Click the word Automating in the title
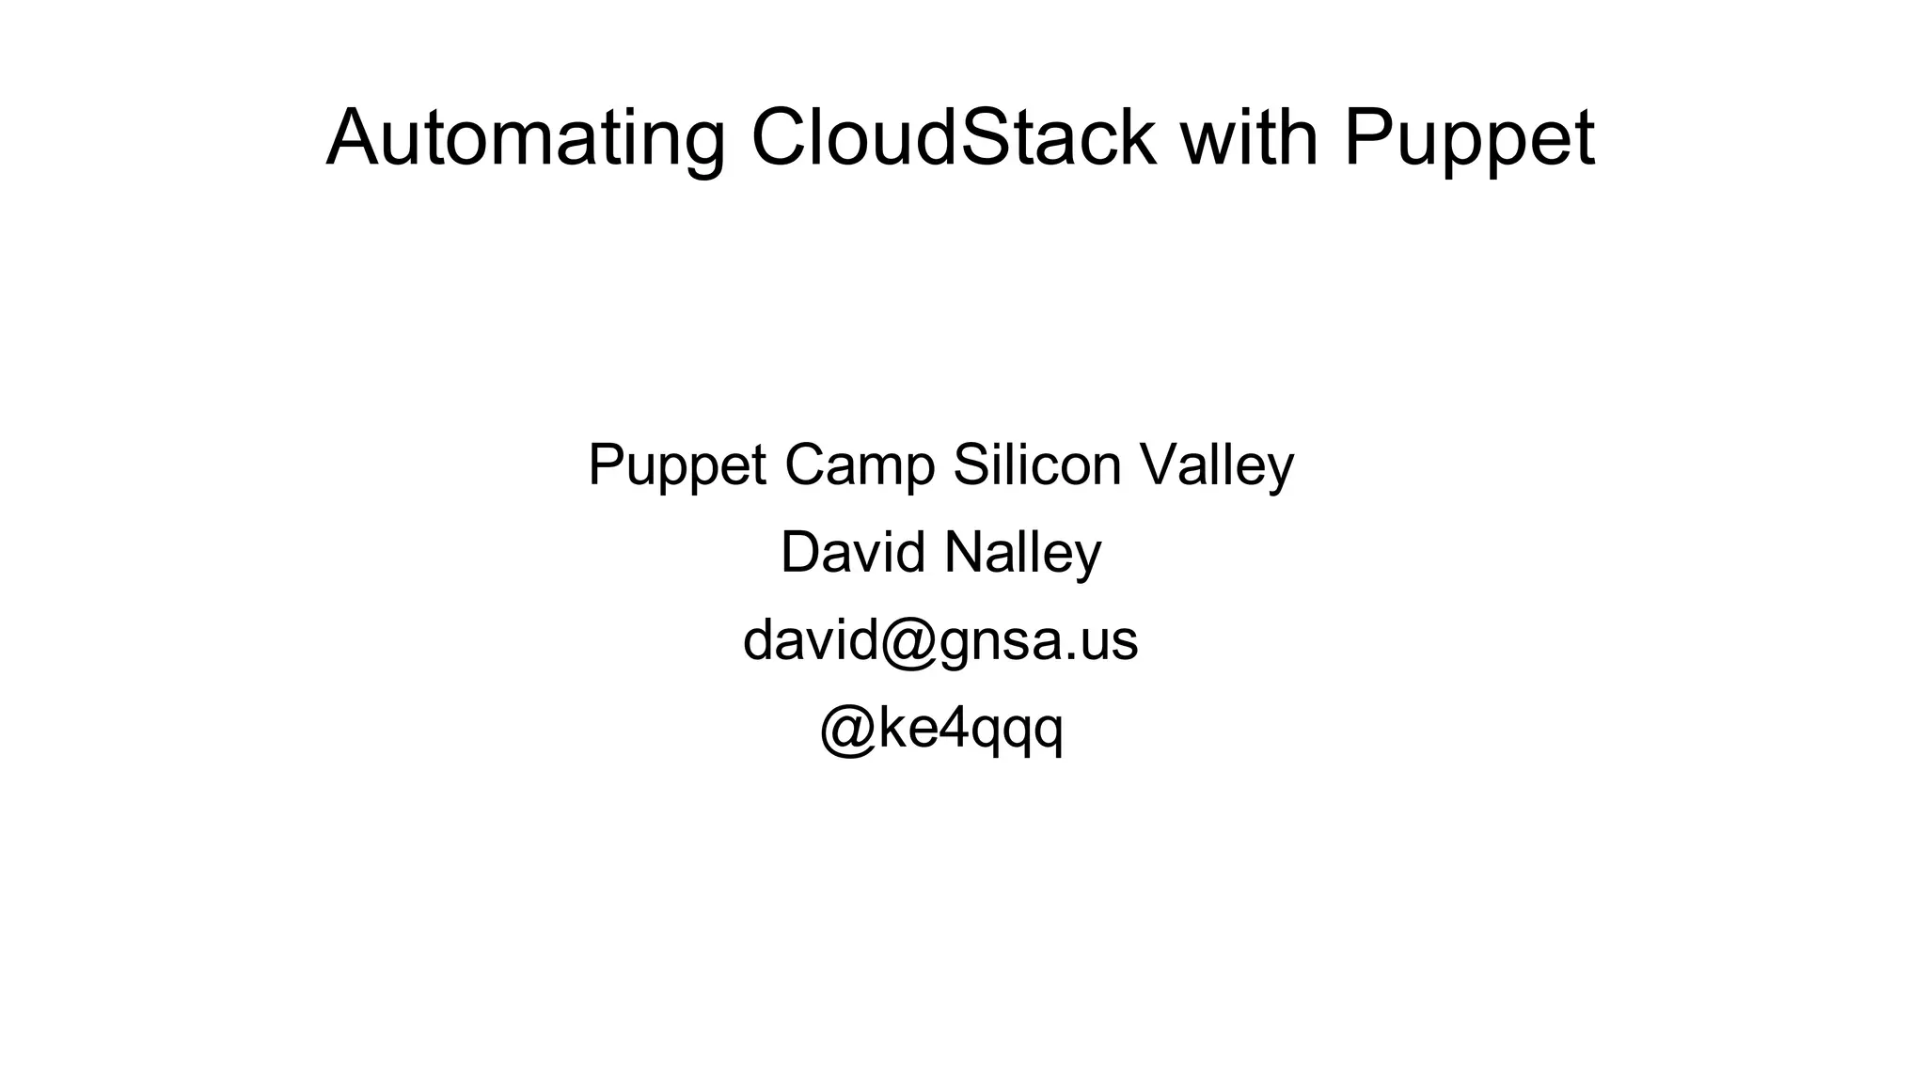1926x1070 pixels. [x=525, y=139]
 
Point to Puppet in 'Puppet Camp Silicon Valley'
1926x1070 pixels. [x=676, y=466]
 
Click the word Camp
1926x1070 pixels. [x=860, y=466]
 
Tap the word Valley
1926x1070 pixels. [x=1217, y=466]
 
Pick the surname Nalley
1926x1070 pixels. [x=1022, y=554]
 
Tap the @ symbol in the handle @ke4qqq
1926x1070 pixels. [x=849, y=730]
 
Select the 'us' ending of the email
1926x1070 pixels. [x=1109, y=642]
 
